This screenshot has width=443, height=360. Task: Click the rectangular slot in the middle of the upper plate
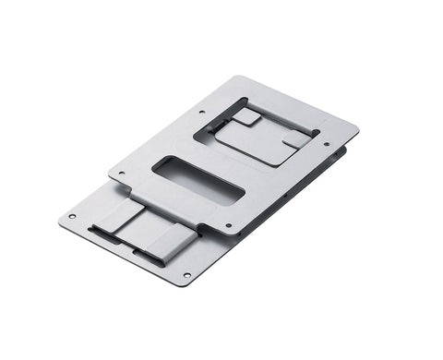pyautogui.click(x=199, y=180)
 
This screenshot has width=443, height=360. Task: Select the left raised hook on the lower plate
pyautogui.click(x=117, y=218)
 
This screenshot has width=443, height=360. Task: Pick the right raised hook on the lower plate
pyautogui.click(x=170, y=242)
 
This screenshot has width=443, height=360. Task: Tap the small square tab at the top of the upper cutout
pyautogui.click(x=246, y=116)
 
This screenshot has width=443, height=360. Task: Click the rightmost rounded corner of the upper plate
pyautogui.click(x=356, y=125)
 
